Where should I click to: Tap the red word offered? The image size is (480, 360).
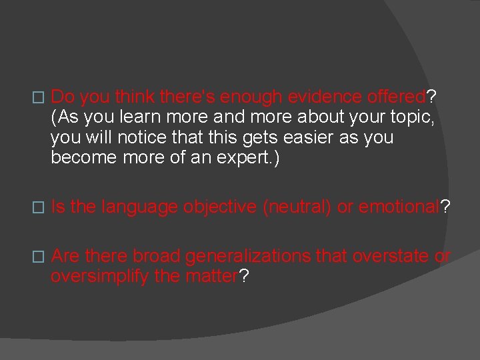(397, 97)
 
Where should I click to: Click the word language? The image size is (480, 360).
(139, 207)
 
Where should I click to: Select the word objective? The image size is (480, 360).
(220, 207)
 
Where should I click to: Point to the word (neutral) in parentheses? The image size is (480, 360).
(297, 207)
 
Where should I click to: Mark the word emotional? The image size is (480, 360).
(400, 207)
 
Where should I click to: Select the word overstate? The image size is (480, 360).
(393, 257)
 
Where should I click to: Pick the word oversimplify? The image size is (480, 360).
(100, 277)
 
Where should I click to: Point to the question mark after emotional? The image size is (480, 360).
(446, 207)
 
